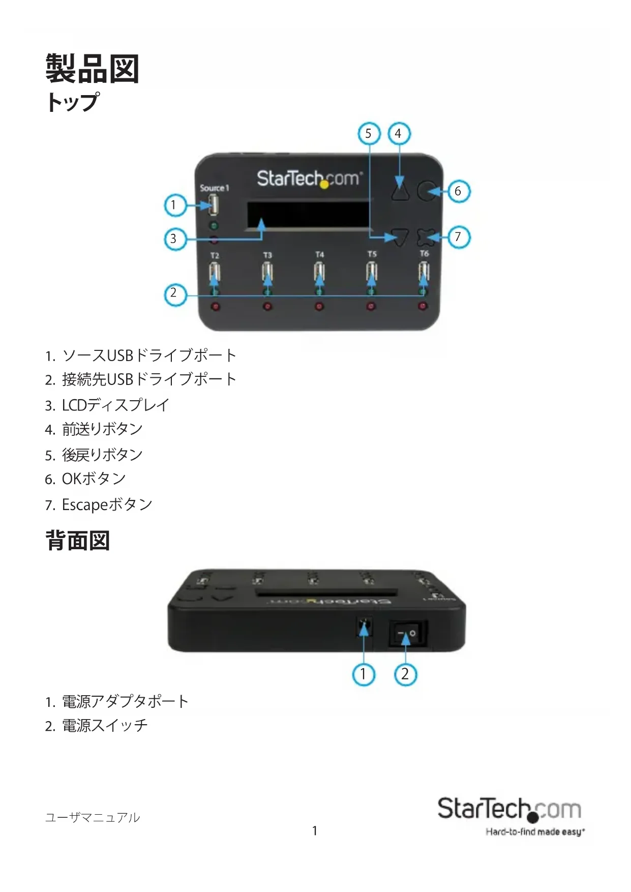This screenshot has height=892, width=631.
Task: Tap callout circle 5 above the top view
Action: point(369,134)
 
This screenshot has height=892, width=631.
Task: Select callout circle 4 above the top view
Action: point(399,134)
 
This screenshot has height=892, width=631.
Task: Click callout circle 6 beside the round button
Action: point(458,191)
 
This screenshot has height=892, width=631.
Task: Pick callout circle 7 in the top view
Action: point(458,237)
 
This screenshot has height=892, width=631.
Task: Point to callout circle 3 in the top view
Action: point(174,239)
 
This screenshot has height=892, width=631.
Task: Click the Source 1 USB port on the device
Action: point(214,205)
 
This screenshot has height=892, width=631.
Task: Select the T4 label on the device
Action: point(319,254)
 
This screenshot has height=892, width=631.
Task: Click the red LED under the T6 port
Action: point(423,306)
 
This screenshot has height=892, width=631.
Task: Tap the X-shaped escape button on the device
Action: point(427,237)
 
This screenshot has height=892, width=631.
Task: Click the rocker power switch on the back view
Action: point(407,634)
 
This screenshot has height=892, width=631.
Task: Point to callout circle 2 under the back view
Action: point(405,674)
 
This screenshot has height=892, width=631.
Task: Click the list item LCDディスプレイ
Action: point(115,405)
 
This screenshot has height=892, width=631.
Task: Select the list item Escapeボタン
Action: point(107,504)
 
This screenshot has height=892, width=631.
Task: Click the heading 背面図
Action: point(78,540)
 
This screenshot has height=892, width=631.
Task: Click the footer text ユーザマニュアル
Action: point(93,817)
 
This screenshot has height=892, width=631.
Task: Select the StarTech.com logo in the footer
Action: point(509,810)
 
